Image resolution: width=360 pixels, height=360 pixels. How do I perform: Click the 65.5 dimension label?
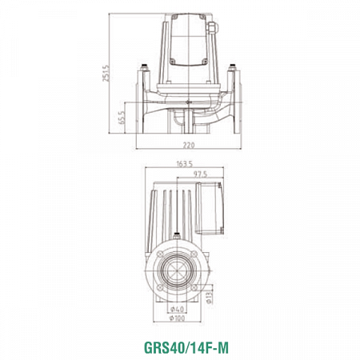point(121,118)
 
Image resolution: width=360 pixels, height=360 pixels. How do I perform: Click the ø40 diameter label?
point(178,309)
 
